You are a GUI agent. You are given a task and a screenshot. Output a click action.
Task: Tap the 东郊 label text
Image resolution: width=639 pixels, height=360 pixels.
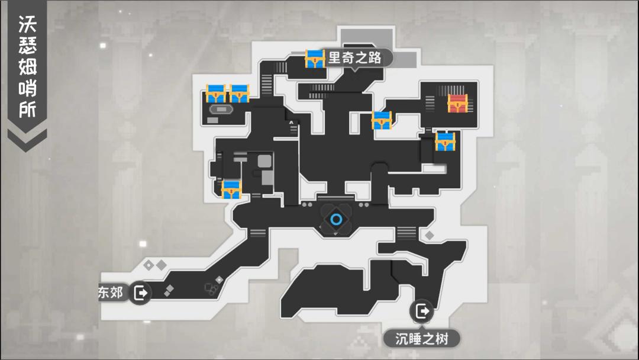tap(112, 292)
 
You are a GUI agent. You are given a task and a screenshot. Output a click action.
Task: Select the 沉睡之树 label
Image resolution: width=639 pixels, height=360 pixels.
tap(421, 339)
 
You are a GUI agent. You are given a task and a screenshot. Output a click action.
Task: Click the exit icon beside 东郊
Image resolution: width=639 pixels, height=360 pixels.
tap(141, 292)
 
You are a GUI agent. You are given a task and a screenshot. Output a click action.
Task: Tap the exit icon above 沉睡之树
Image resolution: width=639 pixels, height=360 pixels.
tap(421, 311)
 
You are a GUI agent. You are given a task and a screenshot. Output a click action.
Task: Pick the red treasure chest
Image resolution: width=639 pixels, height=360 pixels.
tap(457, 104)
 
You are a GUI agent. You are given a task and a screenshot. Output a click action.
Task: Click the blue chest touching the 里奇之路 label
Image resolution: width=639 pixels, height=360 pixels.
tap(315, 59)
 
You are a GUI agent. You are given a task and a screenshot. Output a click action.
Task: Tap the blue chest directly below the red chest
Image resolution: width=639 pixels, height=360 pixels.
tap(445, 142)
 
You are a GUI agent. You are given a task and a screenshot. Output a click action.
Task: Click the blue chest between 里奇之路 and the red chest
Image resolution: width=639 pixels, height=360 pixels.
tap(382, 121)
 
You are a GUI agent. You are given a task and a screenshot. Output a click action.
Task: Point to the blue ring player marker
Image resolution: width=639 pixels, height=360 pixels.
tap(336, 220)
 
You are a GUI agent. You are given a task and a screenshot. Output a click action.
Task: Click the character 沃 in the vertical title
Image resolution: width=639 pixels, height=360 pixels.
tap(27, 25)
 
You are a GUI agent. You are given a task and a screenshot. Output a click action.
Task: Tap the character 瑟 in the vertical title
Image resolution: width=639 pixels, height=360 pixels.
tap(27, 46)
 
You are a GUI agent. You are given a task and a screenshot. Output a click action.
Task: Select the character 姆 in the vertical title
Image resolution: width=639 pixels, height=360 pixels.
tap(27, 67)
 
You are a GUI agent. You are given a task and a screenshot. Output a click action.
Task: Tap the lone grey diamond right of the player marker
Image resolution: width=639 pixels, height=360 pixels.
tap(430, 236)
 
